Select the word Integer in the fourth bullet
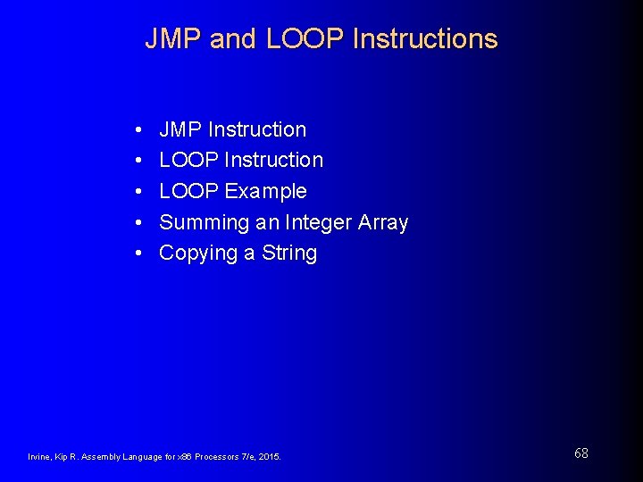click(319, 222)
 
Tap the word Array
click(383, 223)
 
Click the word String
click(289, 253)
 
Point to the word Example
click(265, 192)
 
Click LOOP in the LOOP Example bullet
click(188, 192)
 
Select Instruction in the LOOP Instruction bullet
click(273, 161)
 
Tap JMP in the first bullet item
click(180, 130)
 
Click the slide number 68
click(581, 453)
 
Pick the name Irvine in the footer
click(40, 457)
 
